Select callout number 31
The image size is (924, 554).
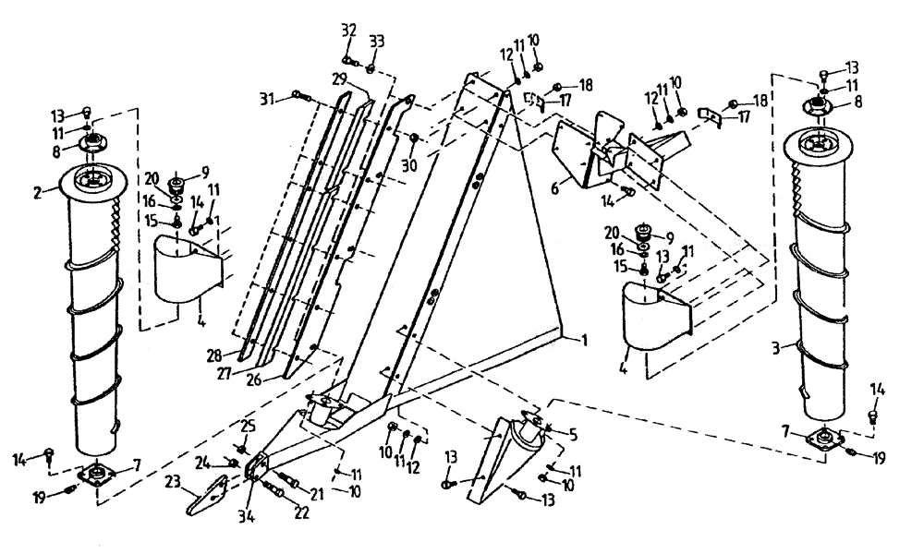266,97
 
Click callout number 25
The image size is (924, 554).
247,425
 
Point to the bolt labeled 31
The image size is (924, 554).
296,94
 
